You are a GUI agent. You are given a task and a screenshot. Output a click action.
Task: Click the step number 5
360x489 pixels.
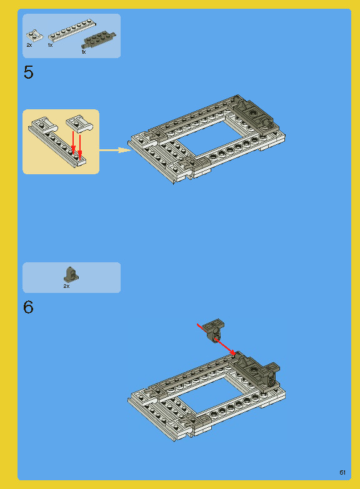click(28, 72)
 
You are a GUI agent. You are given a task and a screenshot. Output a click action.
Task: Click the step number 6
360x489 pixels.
click(28, 307)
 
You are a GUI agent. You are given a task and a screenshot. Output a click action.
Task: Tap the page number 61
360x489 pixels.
click(342, 473)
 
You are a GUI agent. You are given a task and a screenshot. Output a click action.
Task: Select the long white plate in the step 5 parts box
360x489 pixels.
click(72, 30)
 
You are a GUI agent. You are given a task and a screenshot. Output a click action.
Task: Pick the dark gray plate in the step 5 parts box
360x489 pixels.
click(99, 41)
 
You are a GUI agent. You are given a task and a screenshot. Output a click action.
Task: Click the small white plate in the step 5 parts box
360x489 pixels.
click(34, 35)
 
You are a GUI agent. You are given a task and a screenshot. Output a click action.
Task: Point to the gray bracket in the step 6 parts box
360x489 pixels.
click(71, 275)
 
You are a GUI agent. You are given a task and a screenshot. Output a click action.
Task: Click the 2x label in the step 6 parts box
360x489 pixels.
click(66, 286)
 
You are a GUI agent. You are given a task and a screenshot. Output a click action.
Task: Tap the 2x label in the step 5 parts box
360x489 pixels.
click(29, 45)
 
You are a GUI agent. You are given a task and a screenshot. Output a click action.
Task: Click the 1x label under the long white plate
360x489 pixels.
click(50, 45)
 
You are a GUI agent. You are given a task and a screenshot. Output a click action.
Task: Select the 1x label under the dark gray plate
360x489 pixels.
click(84, 52)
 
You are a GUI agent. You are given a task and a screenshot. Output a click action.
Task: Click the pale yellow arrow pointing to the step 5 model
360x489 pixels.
click(115, 151)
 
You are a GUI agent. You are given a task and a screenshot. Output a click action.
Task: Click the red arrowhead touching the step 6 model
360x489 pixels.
click(232, 352)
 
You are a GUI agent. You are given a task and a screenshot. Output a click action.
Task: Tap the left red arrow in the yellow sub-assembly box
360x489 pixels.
click(73, 143)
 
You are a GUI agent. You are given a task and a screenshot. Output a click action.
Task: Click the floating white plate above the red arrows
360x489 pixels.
click(79, 123)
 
